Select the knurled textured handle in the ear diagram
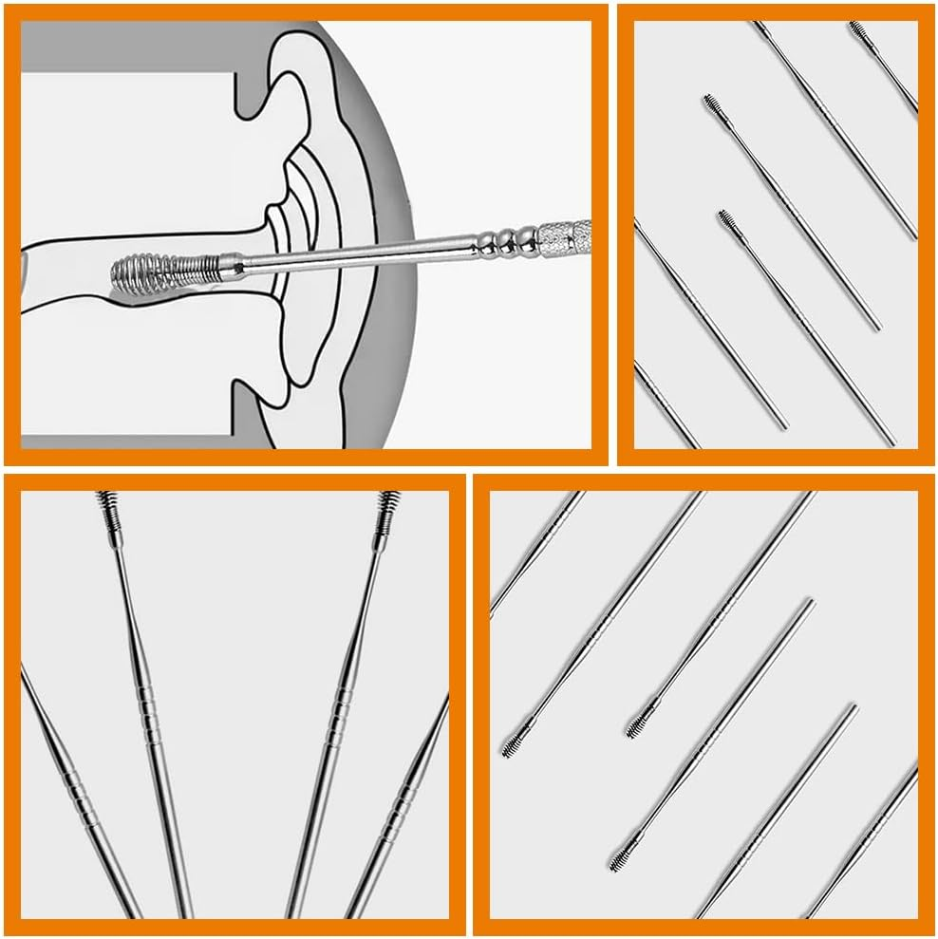tap(565, 233)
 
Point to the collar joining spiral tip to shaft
tap(231, 264)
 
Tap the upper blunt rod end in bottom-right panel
tap(808, 602)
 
